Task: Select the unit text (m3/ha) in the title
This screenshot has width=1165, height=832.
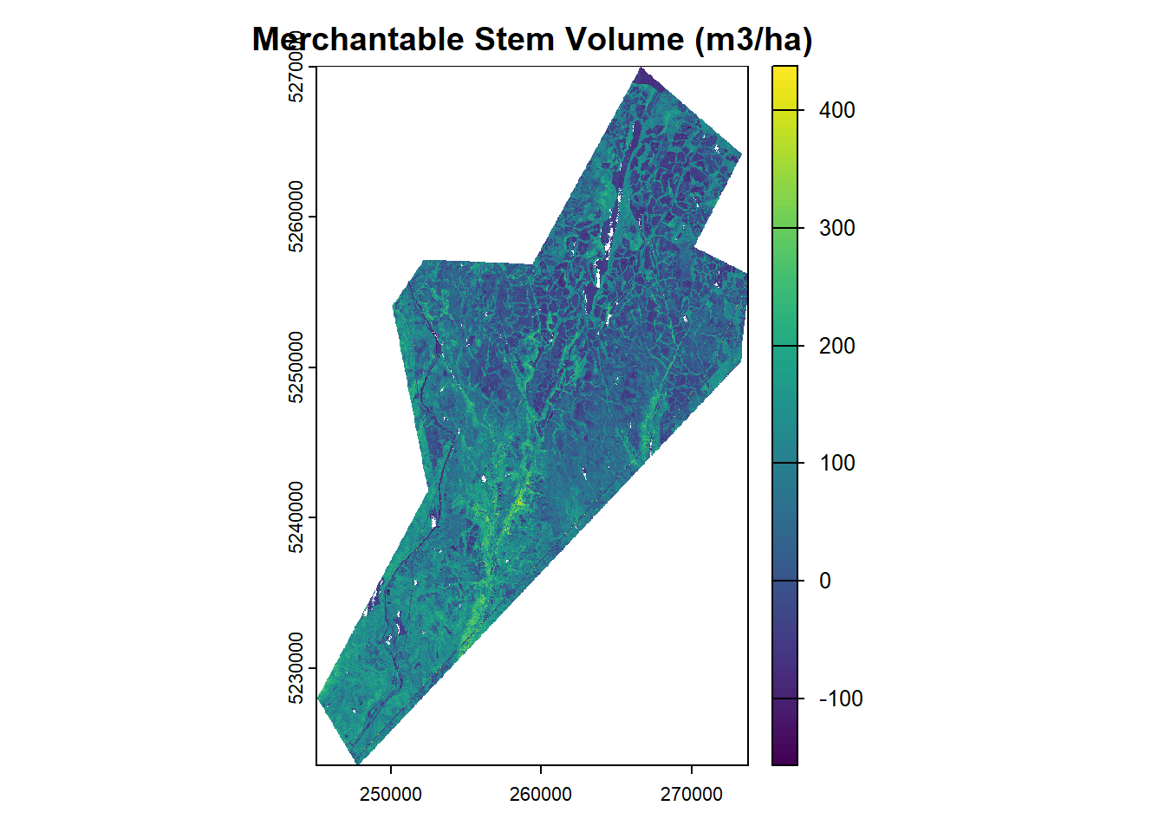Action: [x=753, y=40]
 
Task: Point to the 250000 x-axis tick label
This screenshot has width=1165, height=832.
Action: [x=390, y=795]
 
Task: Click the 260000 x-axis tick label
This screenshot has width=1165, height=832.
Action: [x=541, y=795]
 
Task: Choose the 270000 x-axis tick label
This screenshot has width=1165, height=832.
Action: [x=691, y=795]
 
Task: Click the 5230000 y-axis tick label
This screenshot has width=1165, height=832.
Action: [x=296, y=668]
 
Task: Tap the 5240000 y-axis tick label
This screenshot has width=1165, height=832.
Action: [x=296, y=517]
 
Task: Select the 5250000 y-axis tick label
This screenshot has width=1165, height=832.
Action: [x=296, y=367]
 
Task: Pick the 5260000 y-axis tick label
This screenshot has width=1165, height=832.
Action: [x=296, y=217]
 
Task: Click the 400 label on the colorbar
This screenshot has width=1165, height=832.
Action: [x=836, y=110]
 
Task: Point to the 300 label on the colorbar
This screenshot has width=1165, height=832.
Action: [x=836, y=228]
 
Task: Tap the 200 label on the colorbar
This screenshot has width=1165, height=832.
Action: [x=836, y=346]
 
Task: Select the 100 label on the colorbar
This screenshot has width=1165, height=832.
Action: [x=836, y=463]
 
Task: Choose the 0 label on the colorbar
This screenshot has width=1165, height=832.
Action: [x=825, y=581]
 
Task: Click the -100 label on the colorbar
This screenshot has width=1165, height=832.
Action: [x=841, y=699]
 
